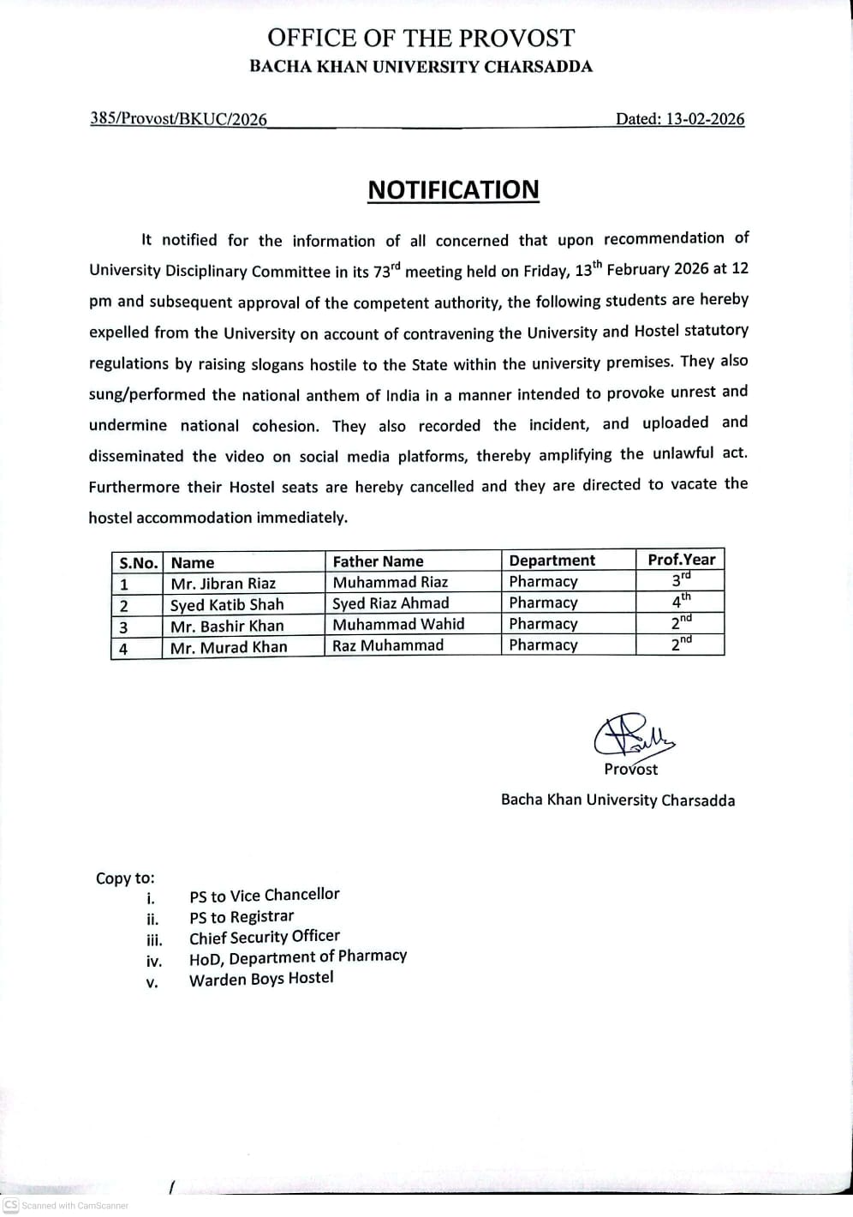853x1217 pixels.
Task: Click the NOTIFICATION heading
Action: click(x=453, y=190)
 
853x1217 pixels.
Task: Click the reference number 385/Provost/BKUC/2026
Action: click(x=178, y=119)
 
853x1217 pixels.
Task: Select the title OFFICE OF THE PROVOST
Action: click(x=421, y=38)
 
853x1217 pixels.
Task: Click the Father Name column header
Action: click(x=378, y=561)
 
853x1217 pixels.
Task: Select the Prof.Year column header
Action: click(x=681, y=559)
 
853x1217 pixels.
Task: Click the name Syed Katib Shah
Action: click(x=226, y=604)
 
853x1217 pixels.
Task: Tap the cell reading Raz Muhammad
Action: click(x=388, y=645)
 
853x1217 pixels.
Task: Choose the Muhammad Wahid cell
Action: click(x=398, y=624)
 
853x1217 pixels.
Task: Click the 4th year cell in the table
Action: click(x=680, y=602)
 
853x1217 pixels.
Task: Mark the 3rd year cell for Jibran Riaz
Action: click(x=680, y=580)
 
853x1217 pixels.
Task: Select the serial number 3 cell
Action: click(x=124, y=626)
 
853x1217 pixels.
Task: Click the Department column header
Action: click(x=552, y=561)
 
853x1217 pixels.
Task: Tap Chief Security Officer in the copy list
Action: click(x=264, y=937)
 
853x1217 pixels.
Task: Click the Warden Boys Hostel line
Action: click(x=261, y=979)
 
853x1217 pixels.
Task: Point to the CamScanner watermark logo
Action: click(x=11, y=1205)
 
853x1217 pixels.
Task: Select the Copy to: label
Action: click(x=125, y=878)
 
